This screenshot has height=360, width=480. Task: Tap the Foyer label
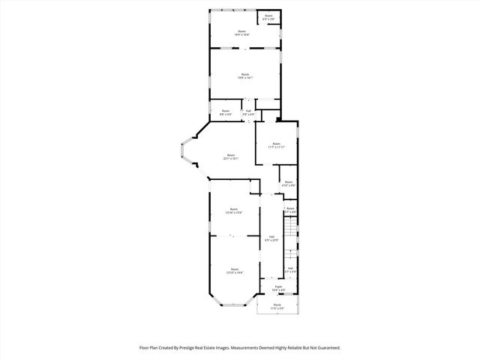point(277,287)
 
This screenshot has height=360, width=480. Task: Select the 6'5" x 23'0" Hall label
point(271,238)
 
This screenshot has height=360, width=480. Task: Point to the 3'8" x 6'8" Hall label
point(249,112)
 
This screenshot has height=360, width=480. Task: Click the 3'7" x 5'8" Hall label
point(290,270)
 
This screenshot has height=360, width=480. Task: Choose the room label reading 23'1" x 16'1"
point(230,157)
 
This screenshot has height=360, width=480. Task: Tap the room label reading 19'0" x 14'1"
point(244,76)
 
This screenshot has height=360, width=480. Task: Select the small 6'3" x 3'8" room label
point(268,17)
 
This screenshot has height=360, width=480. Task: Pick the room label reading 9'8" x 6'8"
point(226,112)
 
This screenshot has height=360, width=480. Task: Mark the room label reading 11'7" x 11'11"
point(276,145)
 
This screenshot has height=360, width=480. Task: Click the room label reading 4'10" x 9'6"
point(289,184)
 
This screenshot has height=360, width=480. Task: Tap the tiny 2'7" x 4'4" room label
point(290,211)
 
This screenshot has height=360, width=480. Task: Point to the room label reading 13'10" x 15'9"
point(234,211)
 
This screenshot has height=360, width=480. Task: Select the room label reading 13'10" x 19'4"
point(234,271)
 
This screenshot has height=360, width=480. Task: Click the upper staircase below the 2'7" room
point(289,228)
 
